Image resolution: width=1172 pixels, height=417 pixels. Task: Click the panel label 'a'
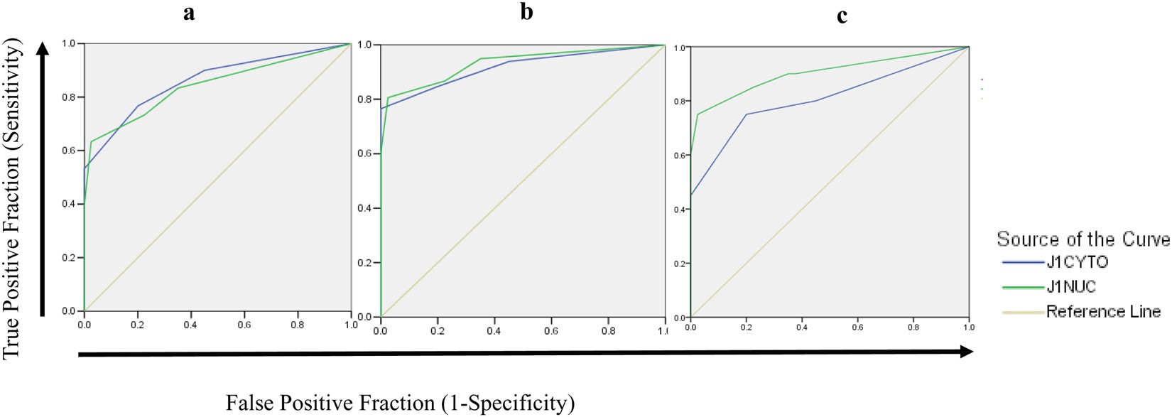188,13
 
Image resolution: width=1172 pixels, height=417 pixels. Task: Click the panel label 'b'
526,12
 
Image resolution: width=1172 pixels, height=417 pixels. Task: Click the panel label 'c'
842,16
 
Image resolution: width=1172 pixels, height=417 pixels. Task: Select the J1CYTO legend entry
1076,262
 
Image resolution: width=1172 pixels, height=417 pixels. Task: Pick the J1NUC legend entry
1070,286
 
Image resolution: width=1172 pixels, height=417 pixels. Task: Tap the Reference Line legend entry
1102,311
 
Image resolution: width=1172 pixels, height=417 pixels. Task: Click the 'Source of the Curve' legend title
1083,239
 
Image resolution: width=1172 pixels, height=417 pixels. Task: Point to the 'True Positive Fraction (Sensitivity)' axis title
13,199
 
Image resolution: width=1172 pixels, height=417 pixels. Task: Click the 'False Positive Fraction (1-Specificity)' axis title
400,403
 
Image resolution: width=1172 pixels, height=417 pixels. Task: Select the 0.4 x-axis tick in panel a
190,325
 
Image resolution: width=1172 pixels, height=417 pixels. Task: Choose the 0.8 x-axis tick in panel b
607,331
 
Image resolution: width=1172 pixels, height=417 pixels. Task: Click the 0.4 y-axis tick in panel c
679,210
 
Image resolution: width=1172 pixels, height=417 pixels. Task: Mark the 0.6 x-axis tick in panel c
857,327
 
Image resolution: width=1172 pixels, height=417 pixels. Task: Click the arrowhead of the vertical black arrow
43,51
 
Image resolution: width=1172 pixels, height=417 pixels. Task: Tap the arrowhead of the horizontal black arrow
965,352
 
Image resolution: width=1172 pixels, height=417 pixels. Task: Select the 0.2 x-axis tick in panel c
746,327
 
